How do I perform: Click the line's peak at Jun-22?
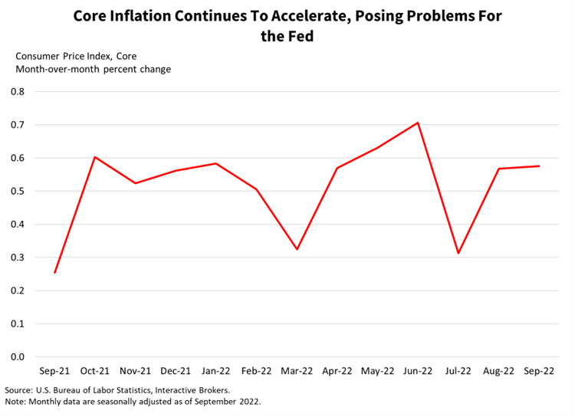click(418, 123)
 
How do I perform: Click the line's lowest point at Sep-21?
click(54, 273)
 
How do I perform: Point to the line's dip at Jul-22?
click(458, 253)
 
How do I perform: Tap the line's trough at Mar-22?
click(297, 249)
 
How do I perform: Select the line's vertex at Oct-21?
click(95, 157)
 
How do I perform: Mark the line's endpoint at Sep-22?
click(539, 166)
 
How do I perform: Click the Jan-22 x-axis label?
click(216, 372)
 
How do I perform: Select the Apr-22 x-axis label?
click(337, 372)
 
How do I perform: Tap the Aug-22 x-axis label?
click(498, 372)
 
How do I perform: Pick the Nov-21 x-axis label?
click(136, 372)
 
